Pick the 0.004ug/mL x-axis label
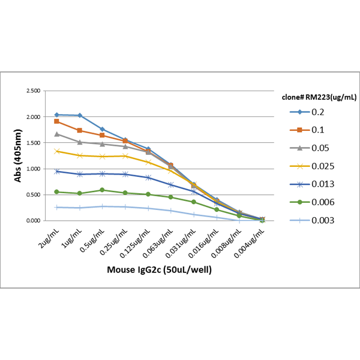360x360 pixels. (251, 241)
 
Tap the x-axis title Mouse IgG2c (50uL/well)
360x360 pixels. (159, 269)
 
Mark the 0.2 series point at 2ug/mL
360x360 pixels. (56, 115)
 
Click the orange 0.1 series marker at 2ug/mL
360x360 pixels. (56, 121)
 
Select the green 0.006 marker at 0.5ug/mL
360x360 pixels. (102, 190)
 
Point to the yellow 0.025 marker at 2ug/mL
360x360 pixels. (56, 151)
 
